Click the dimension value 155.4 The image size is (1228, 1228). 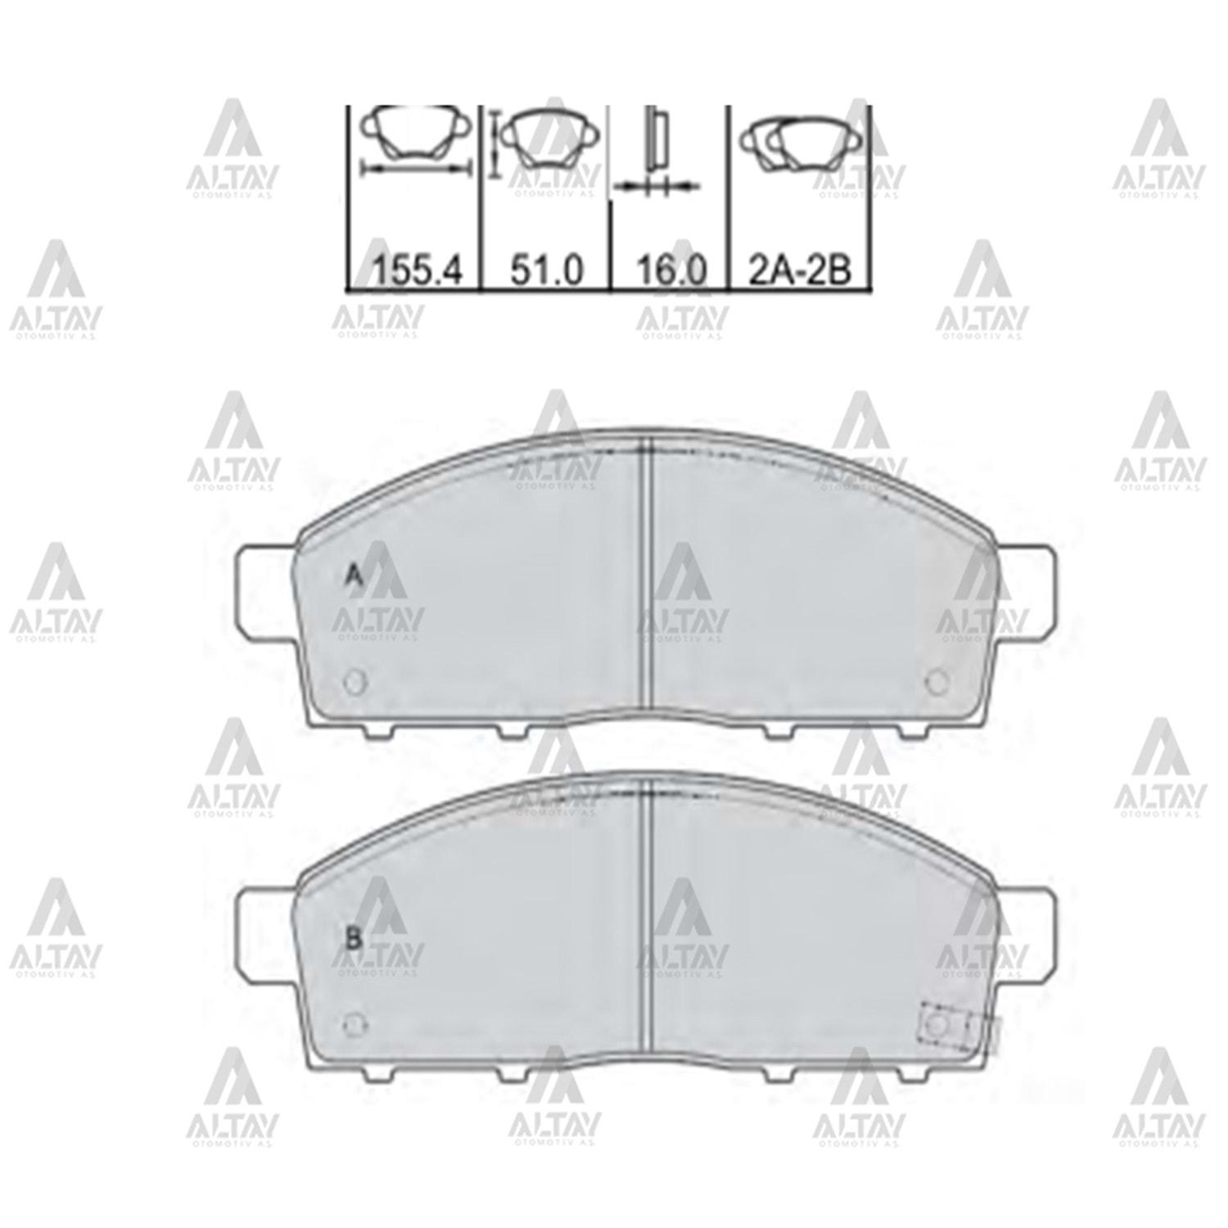(417, 270)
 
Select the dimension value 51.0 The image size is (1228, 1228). (547, 270)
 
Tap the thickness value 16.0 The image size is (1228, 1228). (671, 270)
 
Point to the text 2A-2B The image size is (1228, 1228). (799, 270)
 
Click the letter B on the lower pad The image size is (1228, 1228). (354, 939)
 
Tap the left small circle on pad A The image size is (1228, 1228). (355, 681)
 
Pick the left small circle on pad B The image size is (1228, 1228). (355, 1024)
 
